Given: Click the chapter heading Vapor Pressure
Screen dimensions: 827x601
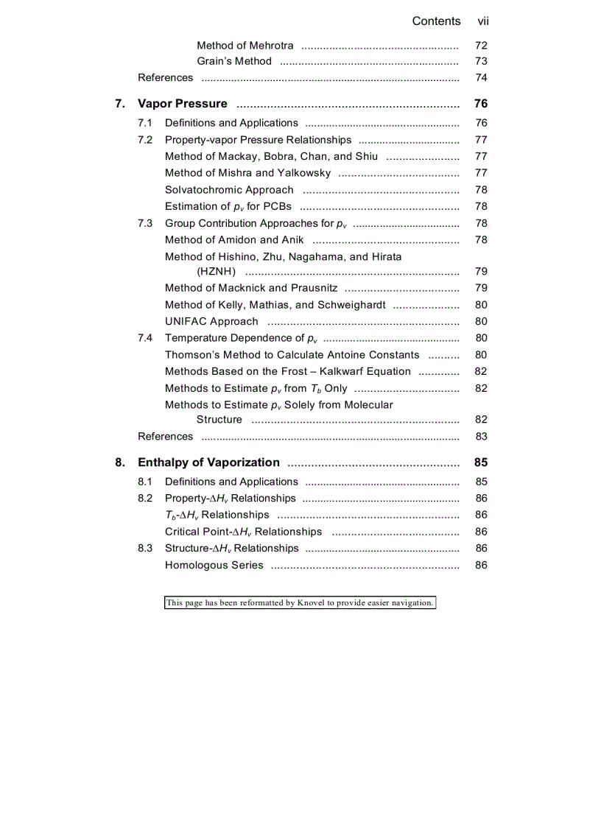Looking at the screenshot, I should tap(183, 104).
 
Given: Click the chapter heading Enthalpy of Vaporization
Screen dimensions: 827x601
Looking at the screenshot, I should tap(208, 462).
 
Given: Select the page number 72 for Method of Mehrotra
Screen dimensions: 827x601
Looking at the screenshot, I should tap(481, 46).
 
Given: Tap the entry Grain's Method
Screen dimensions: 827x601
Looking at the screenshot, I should tap(233, 61).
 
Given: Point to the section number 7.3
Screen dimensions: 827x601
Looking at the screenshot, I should tap(145, 223).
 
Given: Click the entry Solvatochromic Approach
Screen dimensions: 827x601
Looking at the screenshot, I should tap(229, 190).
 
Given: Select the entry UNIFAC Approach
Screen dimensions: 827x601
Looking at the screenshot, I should tap(211, 321).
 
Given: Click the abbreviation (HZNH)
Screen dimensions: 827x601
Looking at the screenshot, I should tap(216, 272).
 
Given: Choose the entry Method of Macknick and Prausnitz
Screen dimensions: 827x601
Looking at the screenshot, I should tap(251, 288).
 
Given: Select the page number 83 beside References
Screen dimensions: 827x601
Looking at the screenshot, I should tap(481, 437).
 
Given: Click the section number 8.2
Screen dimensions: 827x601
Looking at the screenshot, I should tap(145, 498).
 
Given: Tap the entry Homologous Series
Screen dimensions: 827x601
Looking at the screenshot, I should tap(214, 566).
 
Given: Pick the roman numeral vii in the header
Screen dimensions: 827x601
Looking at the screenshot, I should tap(483, 21).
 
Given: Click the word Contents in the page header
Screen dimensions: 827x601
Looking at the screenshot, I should tap(436, 21).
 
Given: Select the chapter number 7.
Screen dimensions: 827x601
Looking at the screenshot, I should tap(119, 104).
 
